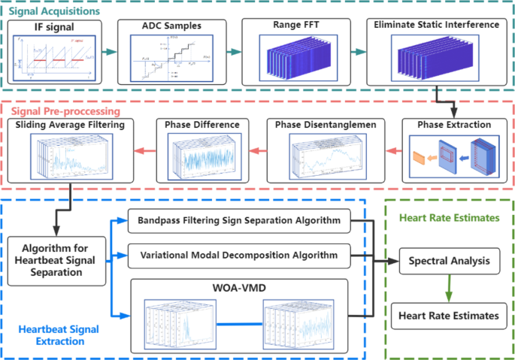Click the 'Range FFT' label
point(295,26)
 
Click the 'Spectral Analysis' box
point(449,262)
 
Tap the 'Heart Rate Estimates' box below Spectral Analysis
point(449,316)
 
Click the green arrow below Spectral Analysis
point(449,289)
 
